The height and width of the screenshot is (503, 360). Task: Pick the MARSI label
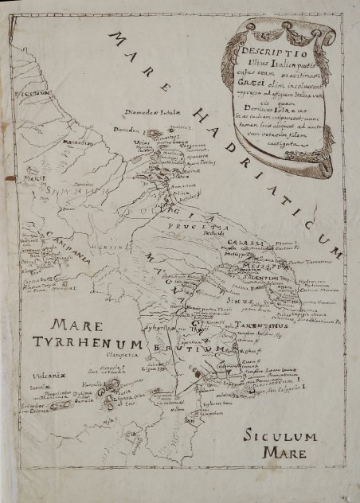tap(33, 179)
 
